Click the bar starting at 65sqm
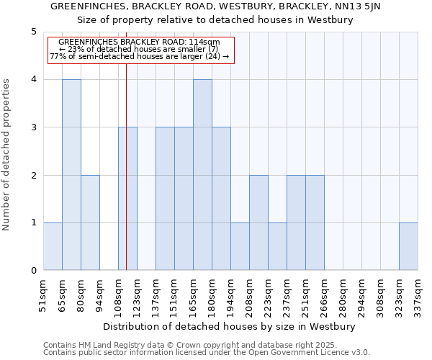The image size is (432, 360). pos(71,175)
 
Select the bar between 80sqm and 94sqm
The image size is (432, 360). pos(90,222)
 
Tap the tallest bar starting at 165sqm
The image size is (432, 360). pos(202,175)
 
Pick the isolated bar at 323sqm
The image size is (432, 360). pos(408,246)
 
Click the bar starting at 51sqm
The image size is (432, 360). pos(53,246)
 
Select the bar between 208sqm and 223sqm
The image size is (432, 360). pos(258,222)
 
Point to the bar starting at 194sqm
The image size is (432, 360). pos(240,246)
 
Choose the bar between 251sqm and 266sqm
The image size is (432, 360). pos(315,222)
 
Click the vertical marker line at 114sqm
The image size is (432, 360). pos(126,180)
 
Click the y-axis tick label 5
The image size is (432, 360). pos(33,32)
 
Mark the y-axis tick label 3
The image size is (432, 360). pos(33,127)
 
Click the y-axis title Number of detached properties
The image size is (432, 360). pos(7,155)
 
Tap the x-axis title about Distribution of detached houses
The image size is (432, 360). pos(230,326)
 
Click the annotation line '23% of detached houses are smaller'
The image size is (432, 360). pos(139,49)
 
